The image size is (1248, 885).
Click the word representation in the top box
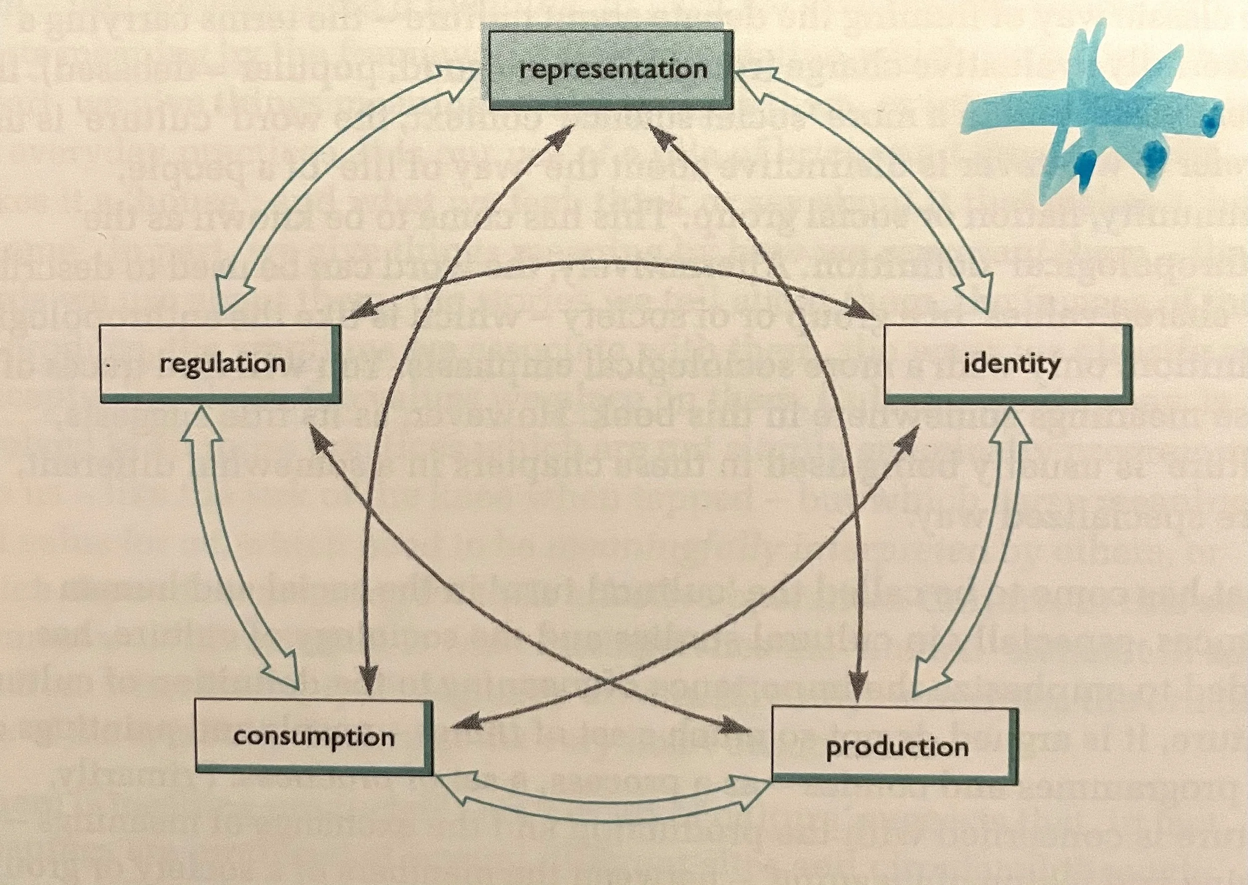tap(613, 70)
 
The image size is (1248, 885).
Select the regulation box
tap(221, 364)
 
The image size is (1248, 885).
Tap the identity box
tap(1008, 364)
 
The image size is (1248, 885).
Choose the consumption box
tap(314, 737)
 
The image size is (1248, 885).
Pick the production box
tap(896, 746)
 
